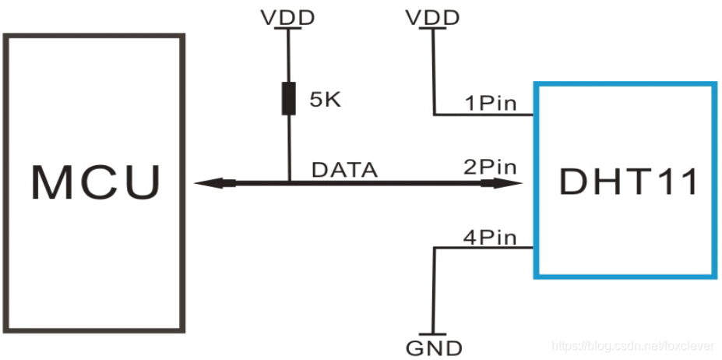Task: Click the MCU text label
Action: [x=96, y=182]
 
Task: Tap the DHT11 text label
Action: [x=629, y=182]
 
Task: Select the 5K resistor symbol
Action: [x=289, y=98]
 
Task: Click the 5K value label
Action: [x=325, y=99]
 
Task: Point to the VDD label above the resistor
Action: [x=287, y=17]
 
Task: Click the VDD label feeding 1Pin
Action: [x=432, y=17]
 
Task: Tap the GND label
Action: [x=434, y=348]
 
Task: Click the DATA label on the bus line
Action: [x=344, y=170]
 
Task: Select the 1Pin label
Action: [x=491, y=104]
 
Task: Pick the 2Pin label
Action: [x=490, y=168]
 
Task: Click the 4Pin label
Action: [x=490, y=238]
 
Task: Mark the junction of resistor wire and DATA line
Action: [x=289, y=183]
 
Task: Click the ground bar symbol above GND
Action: [x=433, y=334]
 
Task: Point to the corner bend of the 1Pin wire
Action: [x=434, y=115]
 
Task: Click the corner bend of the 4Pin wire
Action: [x=434, y=248]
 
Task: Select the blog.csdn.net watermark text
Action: [x=632, y=345]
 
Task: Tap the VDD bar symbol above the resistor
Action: [x=288, y=28]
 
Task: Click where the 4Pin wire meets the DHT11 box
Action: [x=534, y=248]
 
